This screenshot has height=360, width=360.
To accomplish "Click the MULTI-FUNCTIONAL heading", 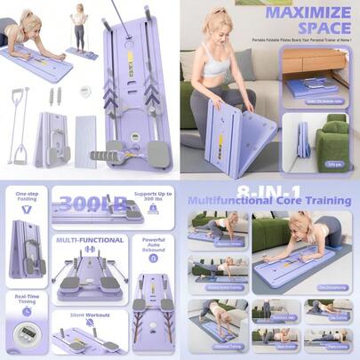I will [x=89, y=240].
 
